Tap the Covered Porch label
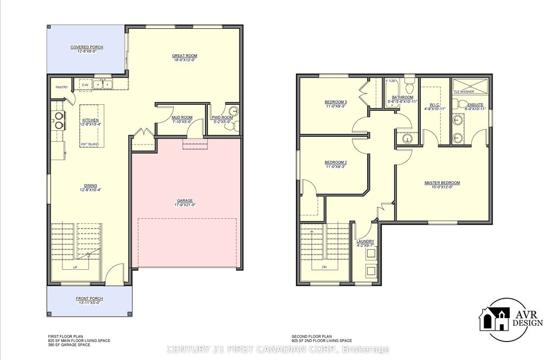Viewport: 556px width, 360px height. click(x=87, y=47)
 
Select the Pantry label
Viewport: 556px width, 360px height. click(x=61, y=87)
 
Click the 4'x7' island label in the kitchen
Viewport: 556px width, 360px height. click(x=89, y=144)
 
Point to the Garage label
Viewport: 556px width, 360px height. click(x=185, y=200)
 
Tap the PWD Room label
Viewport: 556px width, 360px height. click(x=223, y=117)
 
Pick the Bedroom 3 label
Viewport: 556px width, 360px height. click(x=336, y=102)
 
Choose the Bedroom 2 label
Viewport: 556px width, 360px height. click(x=336, y=162)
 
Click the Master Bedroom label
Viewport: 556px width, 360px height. click(x=442, y=182)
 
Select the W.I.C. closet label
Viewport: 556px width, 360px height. click(x=434, y=104)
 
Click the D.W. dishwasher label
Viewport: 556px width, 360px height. click(x=85, y=85)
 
